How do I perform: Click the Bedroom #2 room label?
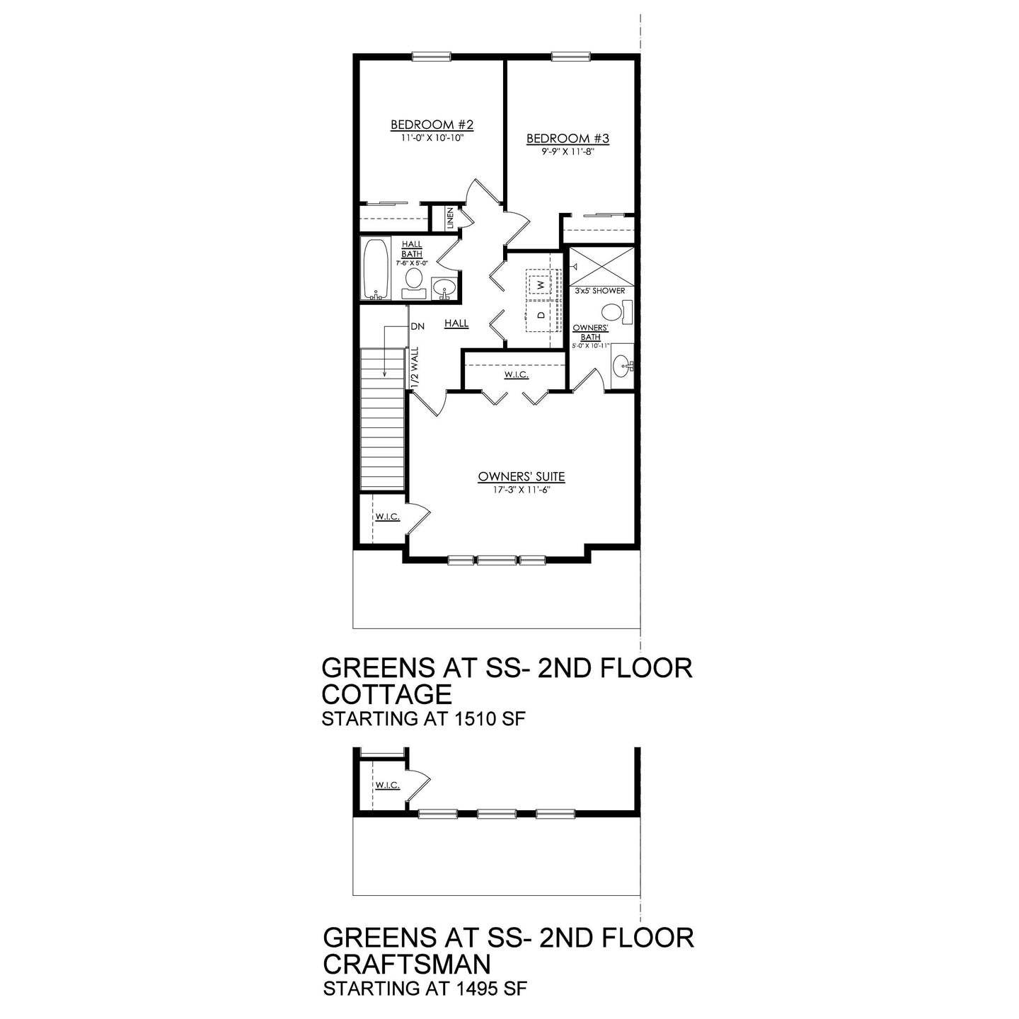click(x=432, y=125)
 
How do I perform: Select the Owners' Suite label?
click(x=521, y=476)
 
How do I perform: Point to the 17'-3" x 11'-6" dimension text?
click(x=521, y=488)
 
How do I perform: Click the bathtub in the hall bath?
click(x=375, y=270)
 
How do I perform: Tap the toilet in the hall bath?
click(x=413, y=281)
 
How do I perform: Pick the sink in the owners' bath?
click(x=623, y=366)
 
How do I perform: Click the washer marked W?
click(x=540, y=283)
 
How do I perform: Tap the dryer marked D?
click(x=540, y=314)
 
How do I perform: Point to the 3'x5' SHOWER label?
click(x=599, y=291)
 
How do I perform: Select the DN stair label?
click(x=417, y=327)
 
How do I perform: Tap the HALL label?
click(x=456, y=323)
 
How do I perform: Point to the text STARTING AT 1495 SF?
click(x=426, y=988)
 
